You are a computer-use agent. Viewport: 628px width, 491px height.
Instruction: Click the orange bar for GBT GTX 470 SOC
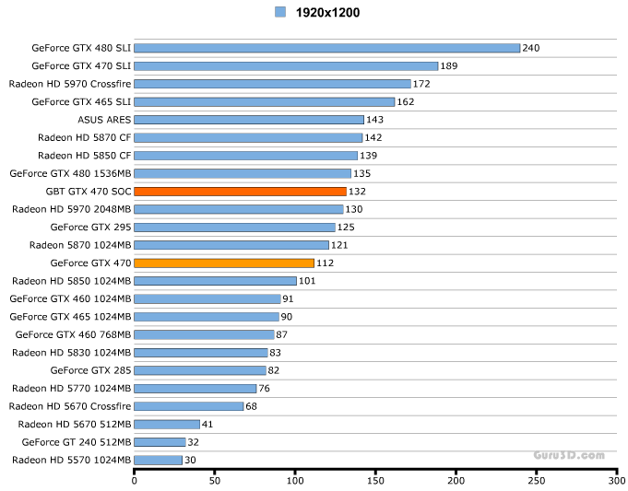240,192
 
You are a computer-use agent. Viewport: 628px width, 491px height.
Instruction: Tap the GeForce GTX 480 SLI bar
327,48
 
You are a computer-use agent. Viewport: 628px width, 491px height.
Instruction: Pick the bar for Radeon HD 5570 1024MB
159,460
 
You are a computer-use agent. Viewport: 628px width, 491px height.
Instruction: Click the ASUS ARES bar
249,120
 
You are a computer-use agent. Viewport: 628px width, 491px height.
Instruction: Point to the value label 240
531,48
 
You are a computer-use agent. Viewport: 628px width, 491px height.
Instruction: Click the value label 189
449,66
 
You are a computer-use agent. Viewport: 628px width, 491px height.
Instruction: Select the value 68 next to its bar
252,406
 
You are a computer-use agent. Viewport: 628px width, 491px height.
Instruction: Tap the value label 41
208,424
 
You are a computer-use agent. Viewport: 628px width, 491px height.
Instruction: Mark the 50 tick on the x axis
215,479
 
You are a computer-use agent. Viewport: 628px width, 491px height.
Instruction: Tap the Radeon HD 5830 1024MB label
72,353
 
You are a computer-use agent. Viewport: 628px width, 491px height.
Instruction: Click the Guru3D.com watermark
568,455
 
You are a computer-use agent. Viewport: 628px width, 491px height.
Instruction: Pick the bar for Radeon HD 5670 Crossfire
189,406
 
